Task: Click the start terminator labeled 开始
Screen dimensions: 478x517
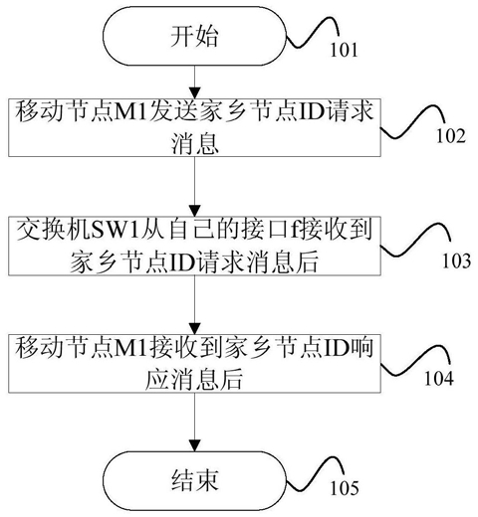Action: tap(194, 36)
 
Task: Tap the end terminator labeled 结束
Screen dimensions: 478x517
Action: tap(194, 480)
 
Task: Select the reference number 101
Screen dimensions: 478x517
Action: tap(344, 50)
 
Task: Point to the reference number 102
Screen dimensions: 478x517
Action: tap(451, 136)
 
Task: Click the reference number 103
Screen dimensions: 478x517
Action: tap(457, 260)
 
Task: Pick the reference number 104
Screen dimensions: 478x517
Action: tap(439, 378)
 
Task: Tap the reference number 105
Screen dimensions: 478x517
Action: tap(345, 488)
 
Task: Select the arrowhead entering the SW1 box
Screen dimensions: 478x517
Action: tap(194, 211)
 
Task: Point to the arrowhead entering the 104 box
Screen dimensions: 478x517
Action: tap(194, 329)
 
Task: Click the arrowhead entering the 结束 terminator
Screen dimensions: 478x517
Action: tap(194, 445)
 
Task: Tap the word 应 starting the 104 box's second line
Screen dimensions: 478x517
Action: tap(157, 379)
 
